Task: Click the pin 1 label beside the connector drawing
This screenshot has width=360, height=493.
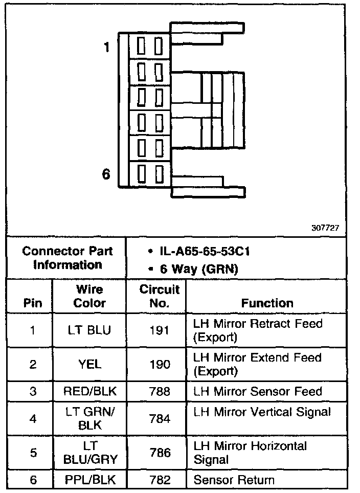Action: point(106,48)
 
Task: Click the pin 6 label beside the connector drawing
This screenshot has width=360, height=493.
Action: point(106,174)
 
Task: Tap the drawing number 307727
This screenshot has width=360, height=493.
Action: point(325,228)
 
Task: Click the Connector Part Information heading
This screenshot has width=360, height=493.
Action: point(67,258)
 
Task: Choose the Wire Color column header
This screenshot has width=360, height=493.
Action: point(89,296)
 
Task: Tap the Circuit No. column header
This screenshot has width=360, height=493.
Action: point(160,296)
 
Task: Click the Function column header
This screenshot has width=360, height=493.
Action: point(267,303)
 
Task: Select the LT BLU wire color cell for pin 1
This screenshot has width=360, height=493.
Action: point(89,330)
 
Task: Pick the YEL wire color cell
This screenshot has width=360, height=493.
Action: point(89,364)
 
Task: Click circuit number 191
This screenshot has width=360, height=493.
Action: point(160,330)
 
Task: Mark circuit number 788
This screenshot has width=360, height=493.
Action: point(160,392)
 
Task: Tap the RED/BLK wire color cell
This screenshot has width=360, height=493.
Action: point(89,392)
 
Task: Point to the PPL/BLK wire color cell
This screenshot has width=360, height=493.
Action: point(89,480)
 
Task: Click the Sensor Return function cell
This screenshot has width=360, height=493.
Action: point(234,480)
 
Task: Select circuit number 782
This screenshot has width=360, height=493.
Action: point(160,480)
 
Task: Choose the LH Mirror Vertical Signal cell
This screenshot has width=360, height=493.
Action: point(262,412)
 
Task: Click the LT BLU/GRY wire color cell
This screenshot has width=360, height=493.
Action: point(89,453)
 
